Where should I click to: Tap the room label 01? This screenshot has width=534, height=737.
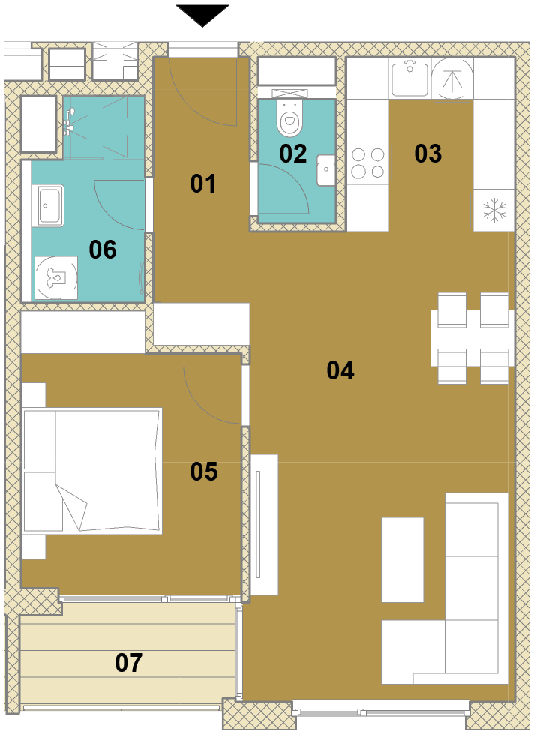click(x=203, y=183)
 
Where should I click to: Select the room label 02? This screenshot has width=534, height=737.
click(x=292, y=154)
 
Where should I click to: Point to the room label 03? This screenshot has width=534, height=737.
click(x=427, y=154)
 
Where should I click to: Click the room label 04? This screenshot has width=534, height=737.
click(x=340, y=370)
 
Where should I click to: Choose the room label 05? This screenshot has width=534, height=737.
click(x=204, y=471)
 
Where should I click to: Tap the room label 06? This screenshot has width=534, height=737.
click(x=103, y=250)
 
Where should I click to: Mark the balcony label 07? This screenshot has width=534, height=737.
click(x=128, y=662)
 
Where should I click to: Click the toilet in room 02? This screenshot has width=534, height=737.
click(x=289, y=119)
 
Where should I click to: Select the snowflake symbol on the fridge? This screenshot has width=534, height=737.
click(x=494, y=210)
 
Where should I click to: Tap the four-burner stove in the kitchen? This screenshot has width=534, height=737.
click(x=367, y=163)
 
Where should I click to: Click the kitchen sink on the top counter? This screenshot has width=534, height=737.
click(x=410, y=78)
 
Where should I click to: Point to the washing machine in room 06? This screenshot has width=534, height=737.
click(x=57, y=278)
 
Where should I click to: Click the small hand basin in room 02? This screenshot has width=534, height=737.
click(x=325, y=171)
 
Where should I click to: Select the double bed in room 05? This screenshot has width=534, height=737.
click(x=92, y=471)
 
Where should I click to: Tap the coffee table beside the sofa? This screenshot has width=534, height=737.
click(x=403, y=560)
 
